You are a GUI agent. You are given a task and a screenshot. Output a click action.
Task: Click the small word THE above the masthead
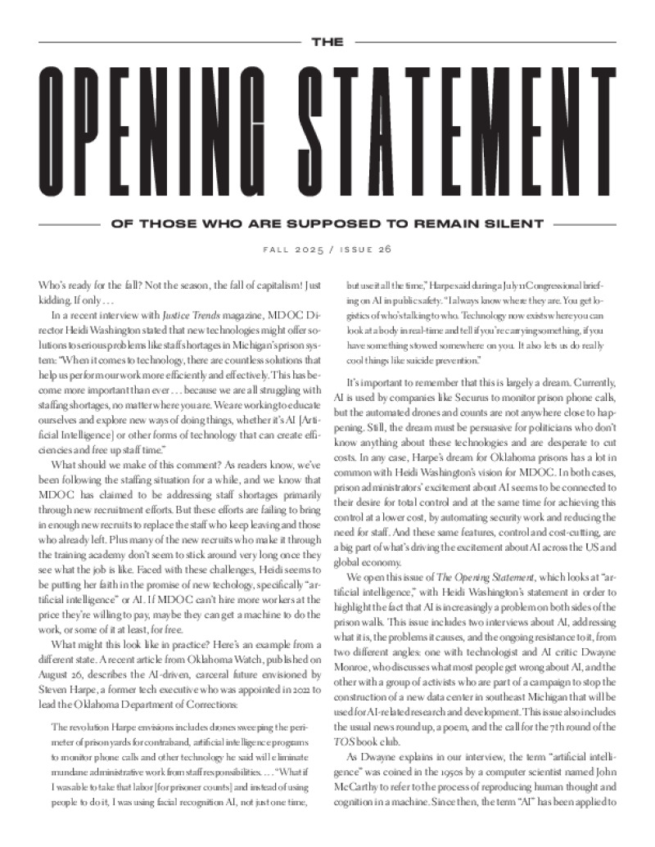point(327,42)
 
